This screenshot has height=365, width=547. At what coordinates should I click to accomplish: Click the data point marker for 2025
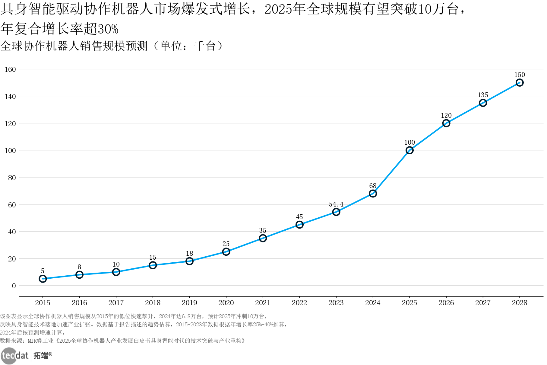[409, 150]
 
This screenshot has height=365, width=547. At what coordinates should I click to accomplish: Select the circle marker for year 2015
[43, 279]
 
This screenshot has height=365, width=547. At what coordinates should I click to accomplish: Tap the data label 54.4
[336, 204]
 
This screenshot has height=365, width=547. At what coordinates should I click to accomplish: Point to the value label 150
[519, 75]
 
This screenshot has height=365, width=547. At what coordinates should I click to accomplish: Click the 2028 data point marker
[519, 83]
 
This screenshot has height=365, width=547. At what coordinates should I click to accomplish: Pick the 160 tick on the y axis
[10, 69]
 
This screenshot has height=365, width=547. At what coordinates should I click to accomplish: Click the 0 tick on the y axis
[14, 286]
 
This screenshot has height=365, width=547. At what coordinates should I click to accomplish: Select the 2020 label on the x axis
[226, 303]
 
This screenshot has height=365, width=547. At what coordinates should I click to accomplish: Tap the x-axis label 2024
[373, 303]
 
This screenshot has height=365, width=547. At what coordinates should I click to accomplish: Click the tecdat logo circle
[8, 356]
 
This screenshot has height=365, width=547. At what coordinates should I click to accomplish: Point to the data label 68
[373, 186]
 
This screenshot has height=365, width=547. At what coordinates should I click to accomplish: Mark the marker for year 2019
[189, 261]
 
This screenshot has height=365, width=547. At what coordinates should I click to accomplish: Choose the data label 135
[483, 95]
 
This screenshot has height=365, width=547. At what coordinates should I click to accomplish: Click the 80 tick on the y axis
[12, 178]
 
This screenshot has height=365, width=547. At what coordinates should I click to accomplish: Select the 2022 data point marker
[299, 225]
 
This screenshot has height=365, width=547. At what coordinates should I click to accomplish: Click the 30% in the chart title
[108, 29]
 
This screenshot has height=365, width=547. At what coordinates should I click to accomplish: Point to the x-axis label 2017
[116, 303]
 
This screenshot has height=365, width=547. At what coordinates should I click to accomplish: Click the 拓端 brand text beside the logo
[41, 356]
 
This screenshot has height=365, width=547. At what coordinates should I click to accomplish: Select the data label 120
[446, 116]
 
